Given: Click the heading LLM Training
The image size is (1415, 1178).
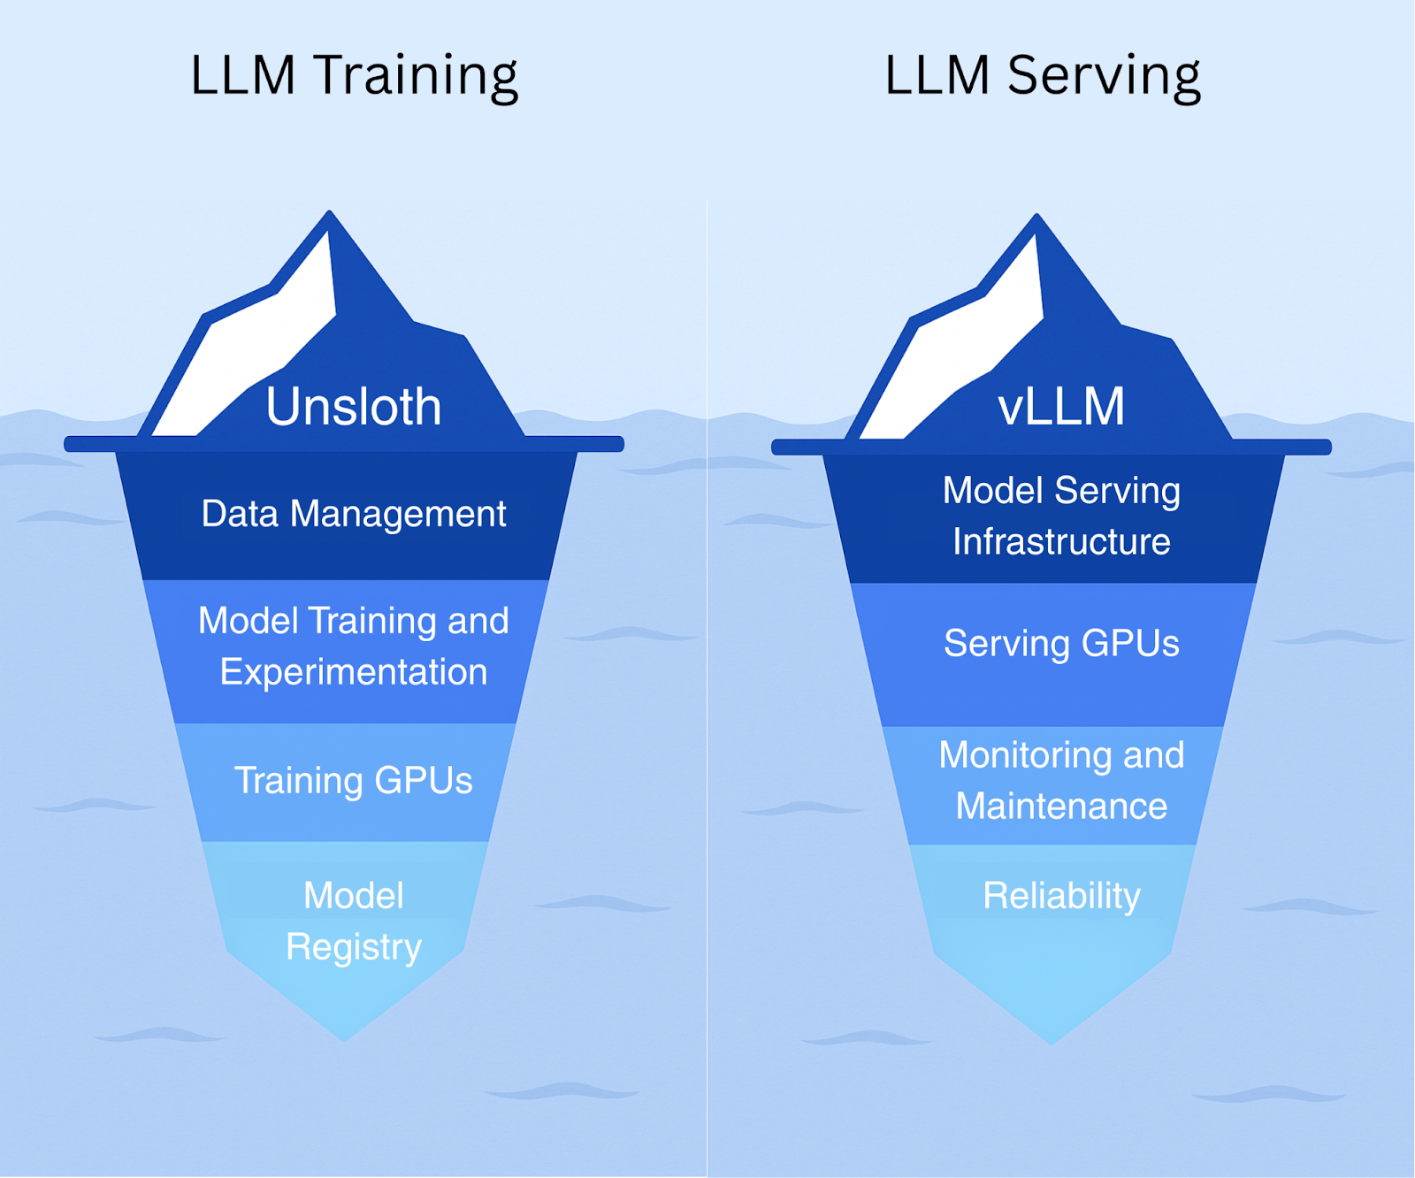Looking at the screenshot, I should [x=354, y=76].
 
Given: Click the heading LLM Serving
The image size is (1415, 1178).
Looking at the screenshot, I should [x=1043, y=76].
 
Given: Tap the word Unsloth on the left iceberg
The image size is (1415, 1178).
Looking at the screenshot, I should [x=354, y=407].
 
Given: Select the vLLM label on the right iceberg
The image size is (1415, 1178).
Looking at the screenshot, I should [x=1061, y=407].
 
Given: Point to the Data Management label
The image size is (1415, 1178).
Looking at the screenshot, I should [x=354, y=514].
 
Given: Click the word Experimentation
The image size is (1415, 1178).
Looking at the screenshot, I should [x=354, y=672].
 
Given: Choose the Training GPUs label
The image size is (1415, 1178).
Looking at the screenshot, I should [x=354, y=781].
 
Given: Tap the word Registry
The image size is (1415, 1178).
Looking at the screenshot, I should [x=354, y=947].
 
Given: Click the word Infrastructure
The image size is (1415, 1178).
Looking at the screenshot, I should [x=1061, y=542].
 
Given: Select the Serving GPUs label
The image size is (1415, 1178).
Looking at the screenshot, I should [x=1061, y=644].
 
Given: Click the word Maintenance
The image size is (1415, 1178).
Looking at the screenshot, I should [x=1061, y=807].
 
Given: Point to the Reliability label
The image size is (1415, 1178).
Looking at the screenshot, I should [x=1061, y=896].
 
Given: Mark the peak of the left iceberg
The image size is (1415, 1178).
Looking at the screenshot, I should [x=330, y=214].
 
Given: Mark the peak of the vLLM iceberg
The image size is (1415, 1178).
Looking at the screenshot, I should [x=1037, y=217].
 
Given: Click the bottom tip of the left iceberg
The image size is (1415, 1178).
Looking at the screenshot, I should [x=345, y=1038].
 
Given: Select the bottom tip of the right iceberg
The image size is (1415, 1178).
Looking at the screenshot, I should [x=1052, y=1042].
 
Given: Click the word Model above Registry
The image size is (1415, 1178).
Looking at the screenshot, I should [x=354, y=896].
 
